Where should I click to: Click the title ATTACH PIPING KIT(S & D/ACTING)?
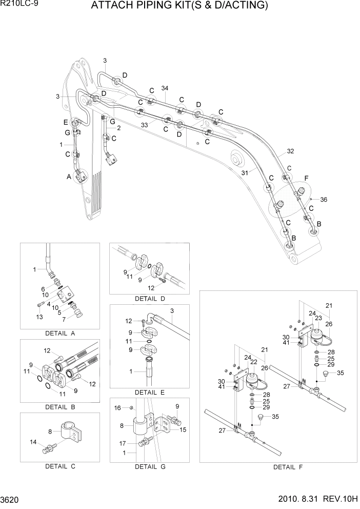click(x=180, y=6)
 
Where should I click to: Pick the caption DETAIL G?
click(x=149, y=467)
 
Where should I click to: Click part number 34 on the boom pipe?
click(x=165, y=88)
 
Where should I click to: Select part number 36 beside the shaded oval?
click(x=324, y=200)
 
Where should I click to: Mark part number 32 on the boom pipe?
click(x=291, y=151)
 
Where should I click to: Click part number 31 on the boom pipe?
click(x=245, y=173)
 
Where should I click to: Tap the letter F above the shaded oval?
click(x=306, y=178)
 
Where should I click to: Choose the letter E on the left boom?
click(x=66, y=122)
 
